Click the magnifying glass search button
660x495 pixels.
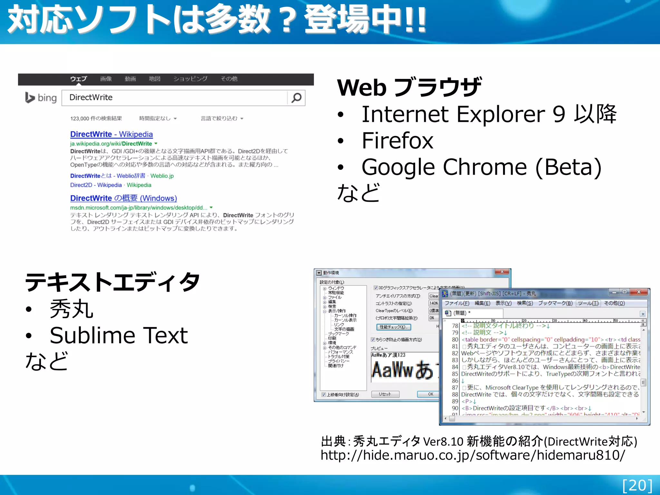pyautogui.click(x=296, y=98)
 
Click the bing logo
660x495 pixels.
pyautogui.click(x=41, y=98)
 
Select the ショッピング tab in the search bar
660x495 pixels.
pyautogui.click(x=190, y=79)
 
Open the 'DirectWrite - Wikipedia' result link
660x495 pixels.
pyautogui.click(x=112, y=134)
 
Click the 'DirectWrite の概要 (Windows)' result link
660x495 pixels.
pyautogui.click(x=123, y=198)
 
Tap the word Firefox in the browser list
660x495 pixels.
pyautogui.click(x=397, y=141)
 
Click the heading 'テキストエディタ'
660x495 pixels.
pyautogui.click(x=112, y=282)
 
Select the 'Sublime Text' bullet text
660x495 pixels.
pyautogui.click(x=119, y=335)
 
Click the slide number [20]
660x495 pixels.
pyautogui.click(x=637, y=485)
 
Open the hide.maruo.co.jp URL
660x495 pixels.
pyautogui.click(x=472, y=455)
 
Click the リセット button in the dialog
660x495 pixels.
pyautogui.click(x=385, y=394)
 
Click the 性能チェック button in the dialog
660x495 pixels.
pyautogui.click(x=393, y=327)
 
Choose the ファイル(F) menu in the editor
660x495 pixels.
pyautogui.click(x=457, y=303)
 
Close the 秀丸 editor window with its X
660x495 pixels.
pyautogui.click(x=639, y=292)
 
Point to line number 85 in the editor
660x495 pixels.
pyautogui.click(x=455, y=374)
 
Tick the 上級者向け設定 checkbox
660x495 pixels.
pyautogui.click(x=324, y=395)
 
